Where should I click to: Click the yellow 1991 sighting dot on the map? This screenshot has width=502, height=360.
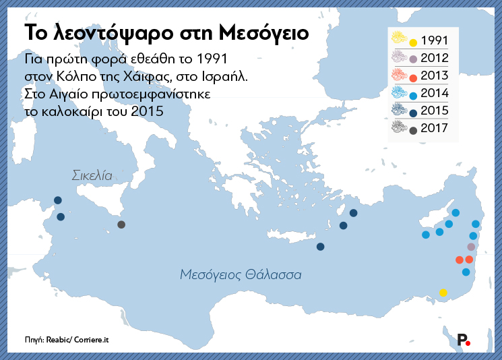443,293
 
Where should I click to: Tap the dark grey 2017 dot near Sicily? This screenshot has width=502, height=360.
121,224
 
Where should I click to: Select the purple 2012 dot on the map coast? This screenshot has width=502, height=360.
471,247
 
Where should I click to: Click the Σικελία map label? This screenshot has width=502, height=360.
92,175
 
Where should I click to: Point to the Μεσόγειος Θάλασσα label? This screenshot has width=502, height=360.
241,274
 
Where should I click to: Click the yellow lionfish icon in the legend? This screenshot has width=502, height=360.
399,38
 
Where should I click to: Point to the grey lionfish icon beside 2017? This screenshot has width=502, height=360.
399,126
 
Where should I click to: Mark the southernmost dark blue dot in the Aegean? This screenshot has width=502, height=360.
320,247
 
